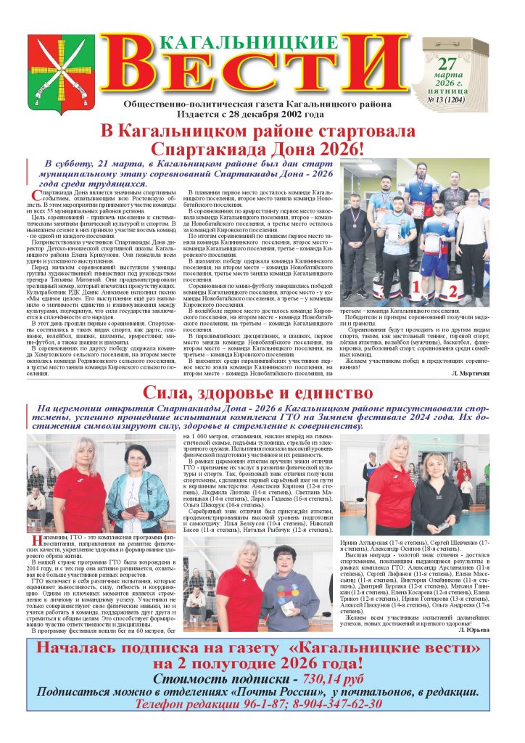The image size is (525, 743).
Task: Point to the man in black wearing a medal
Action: [x=355, y=239]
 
